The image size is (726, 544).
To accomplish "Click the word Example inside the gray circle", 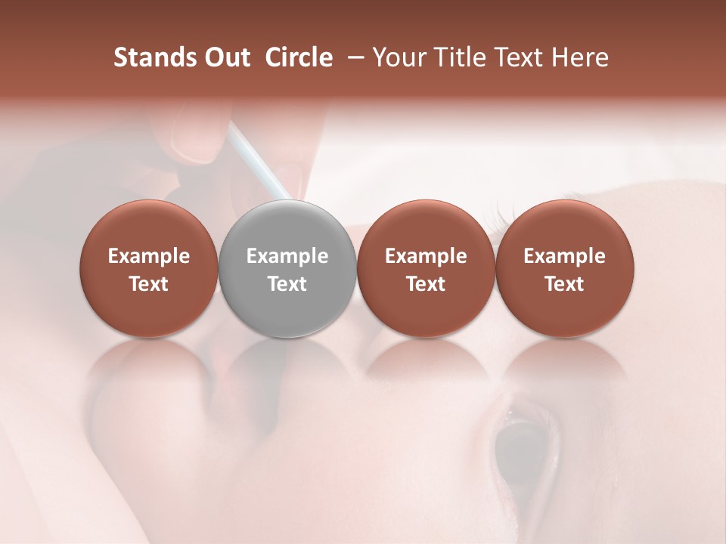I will (x=287, y=256).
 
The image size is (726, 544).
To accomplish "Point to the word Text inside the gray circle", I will (x=287, y=284).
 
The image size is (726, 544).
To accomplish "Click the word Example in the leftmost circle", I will (x=149, y=256).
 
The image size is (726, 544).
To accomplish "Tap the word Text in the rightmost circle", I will (x=565, y=284).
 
